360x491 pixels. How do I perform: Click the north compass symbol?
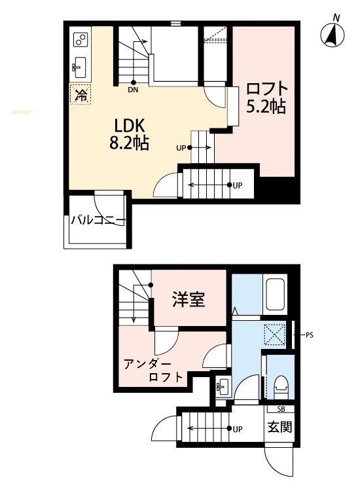pos(333,34)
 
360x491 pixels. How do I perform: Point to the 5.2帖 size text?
pos(266,106)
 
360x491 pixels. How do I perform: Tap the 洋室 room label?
pos(189,300)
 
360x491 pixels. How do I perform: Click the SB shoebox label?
pos(280,409)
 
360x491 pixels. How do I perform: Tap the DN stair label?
pos(133,89)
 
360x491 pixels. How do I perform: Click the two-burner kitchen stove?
pos(82,40)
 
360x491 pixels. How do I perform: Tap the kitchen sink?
pos(81,65)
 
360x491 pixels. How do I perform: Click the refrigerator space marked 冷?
pos(81,95)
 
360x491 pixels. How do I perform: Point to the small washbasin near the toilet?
pos(221,384)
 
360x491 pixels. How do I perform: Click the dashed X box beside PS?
pos(274,336)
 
